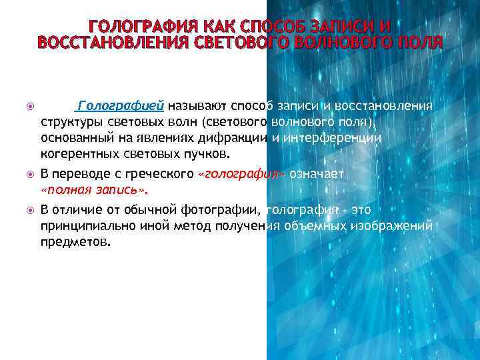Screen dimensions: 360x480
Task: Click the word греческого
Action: tap(161, 175)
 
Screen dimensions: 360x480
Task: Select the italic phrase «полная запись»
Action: tap(93, 191)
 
